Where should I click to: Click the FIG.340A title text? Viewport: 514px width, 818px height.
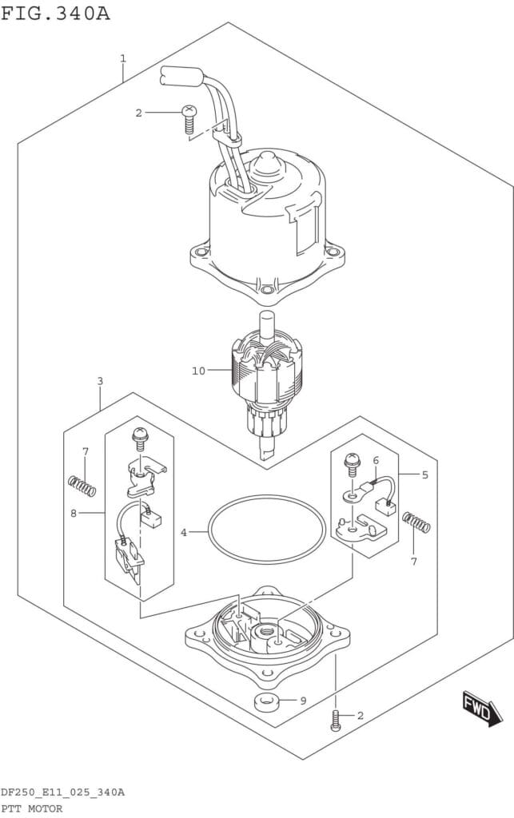[55, 13]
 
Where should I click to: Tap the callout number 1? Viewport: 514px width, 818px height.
[123, 58]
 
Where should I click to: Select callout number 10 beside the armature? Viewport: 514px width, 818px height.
[199, 371]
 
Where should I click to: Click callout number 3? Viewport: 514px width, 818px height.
[100, 381]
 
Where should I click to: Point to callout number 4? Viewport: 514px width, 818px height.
[184, 533]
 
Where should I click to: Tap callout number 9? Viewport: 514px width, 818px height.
[303, 701]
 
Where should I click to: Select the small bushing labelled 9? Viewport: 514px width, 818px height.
[268, 701]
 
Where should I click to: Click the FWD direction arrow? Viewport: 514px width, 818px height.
[482, 709]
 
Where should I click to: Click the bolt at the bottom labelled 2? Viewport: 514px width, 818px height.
[337, 721]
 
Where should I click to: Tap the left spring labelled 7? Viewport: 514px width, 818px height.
[82, 486]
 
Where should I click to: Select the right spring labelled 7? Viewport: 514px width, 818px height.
[416, 522]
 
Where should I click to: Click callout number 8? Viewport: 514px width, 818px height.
[74, 514]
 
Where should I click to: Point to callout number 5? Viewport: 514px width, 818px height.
[425, 475]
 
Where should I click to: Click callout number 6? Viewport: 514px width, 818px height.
[376, 460]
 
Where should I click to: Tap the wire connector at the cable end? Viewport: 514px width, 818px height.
[180, 77]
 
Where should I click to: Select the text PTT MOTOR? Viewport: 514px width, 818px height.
[31, 809]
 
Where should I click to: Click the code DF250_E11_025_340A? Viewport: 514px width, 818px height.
[62, 793]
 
